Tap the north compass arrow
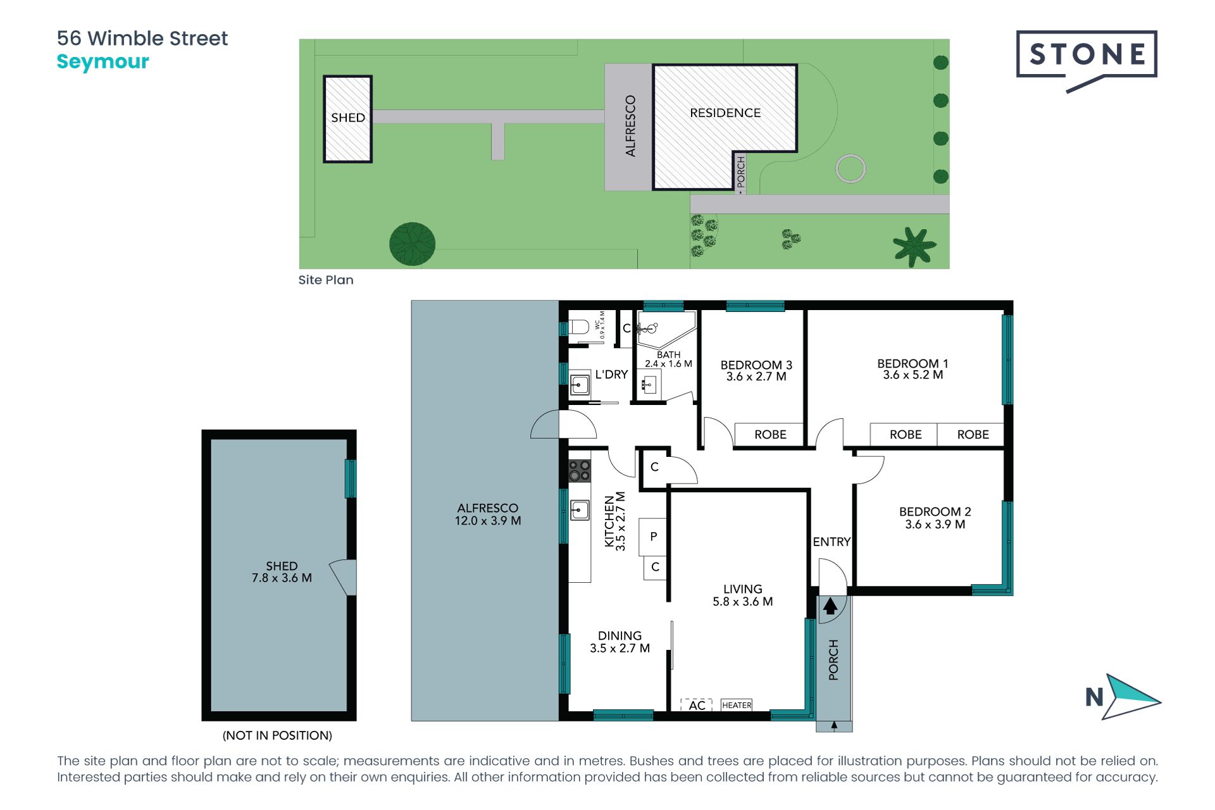1130,697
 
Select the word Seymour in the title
103,62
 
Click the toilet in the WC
578,327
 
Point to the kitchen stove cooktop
579,471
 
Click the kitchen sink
579,509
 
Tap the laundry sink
580,385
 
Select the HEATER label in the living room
737,705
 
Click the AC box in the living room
697,705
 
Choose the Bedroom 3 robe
769,435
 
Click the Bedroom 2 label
935,511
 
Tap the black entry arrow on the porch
830,606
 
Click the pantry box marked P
653,537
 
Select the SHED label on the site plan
348,118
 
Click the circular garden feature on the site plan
850,168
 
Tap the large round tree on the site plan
412,244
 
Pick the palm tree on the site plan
914,246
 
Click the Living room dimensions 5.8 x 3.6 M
743,602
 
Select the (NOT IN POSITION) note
277,735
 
